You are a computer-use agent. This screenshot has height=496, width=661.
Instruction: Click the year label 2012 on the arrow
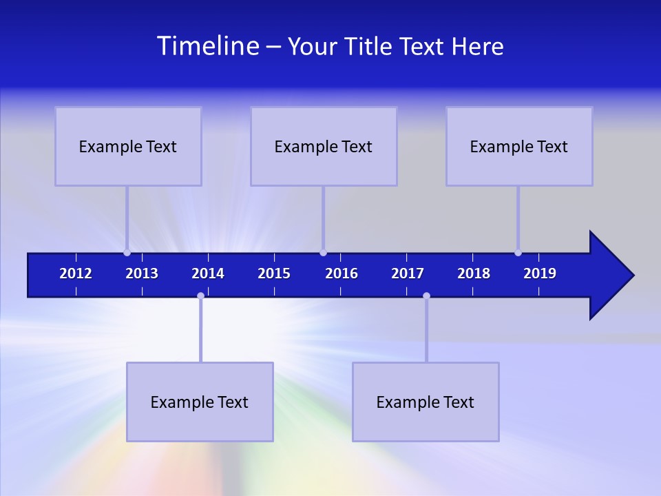click(76, 273)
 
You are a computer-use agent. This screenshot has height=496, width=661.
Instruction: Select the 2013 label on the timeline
click(142, 273)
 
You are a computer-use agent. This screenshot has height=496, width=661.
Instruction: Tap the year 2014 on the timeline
click(208, 273)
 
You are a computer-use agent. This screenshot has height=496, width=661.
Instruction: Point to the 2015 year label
click(274, 273)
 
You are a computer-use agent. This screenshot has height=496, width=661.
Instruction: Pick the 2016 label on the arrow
click(342, 273)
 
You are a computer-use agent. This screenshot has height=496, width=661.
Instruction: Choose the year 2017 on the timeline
click(408, 273)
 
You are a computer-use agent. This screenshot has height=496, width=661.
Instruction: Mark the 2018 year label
click(474, 273)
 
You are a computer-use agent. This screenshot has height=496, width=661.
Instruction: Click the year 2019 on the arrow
click(540, 273)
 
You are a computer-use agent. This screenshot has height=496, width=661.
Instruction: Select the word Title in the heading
click(371, 46)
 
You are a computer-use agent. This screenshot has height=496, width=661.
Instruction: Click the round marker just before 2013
click(127, 252)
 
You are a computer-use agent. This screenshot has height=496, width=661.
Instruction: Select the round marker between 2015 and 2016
click(323, 252)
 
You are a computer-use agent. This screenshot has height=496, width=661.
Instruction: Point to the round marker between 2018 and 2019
click(518, 252)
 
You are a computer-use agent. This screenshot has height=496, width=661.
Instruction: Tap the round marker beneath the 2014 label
click(200, 296)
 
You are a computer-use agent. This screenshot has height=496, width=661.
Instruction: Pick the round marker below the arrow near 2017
click(426, 296)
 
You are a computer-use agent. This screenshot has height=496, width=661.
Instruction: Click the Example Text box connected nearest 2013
click(128, 146)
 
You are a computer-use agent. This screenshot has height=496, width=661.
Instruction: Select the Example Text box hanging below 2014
click(200, 402)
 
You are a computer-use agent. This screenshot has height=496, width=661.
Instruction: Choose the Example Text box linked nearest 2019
click(519, 146)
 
